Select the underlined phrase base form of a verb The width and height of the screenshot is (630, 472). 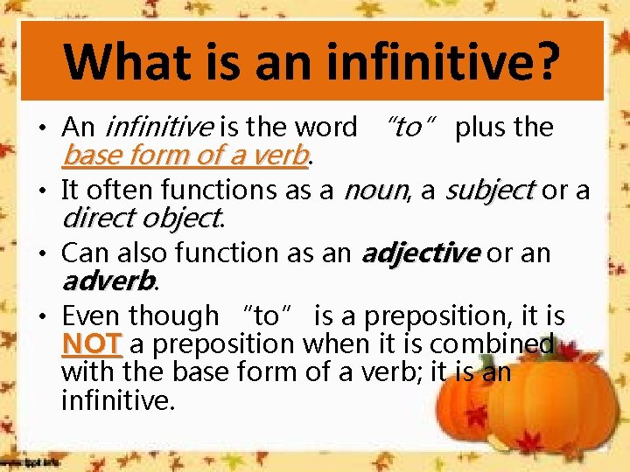click(186, 156)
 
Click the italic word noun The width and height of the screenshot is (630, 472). click(376, 190)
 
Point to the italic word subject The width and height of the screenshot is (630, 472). click(490, 190)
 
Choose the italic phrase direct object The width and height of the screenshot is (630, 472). click(141, 216)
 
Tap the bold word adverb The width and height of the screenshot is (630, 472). click(108, 280)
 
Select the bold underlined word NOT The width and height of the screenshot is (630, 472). click(92, 344)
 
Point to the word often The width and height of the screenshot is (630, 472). click(126, 190)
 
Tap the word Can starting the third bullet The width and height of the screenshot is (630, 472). click(86, 253)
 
